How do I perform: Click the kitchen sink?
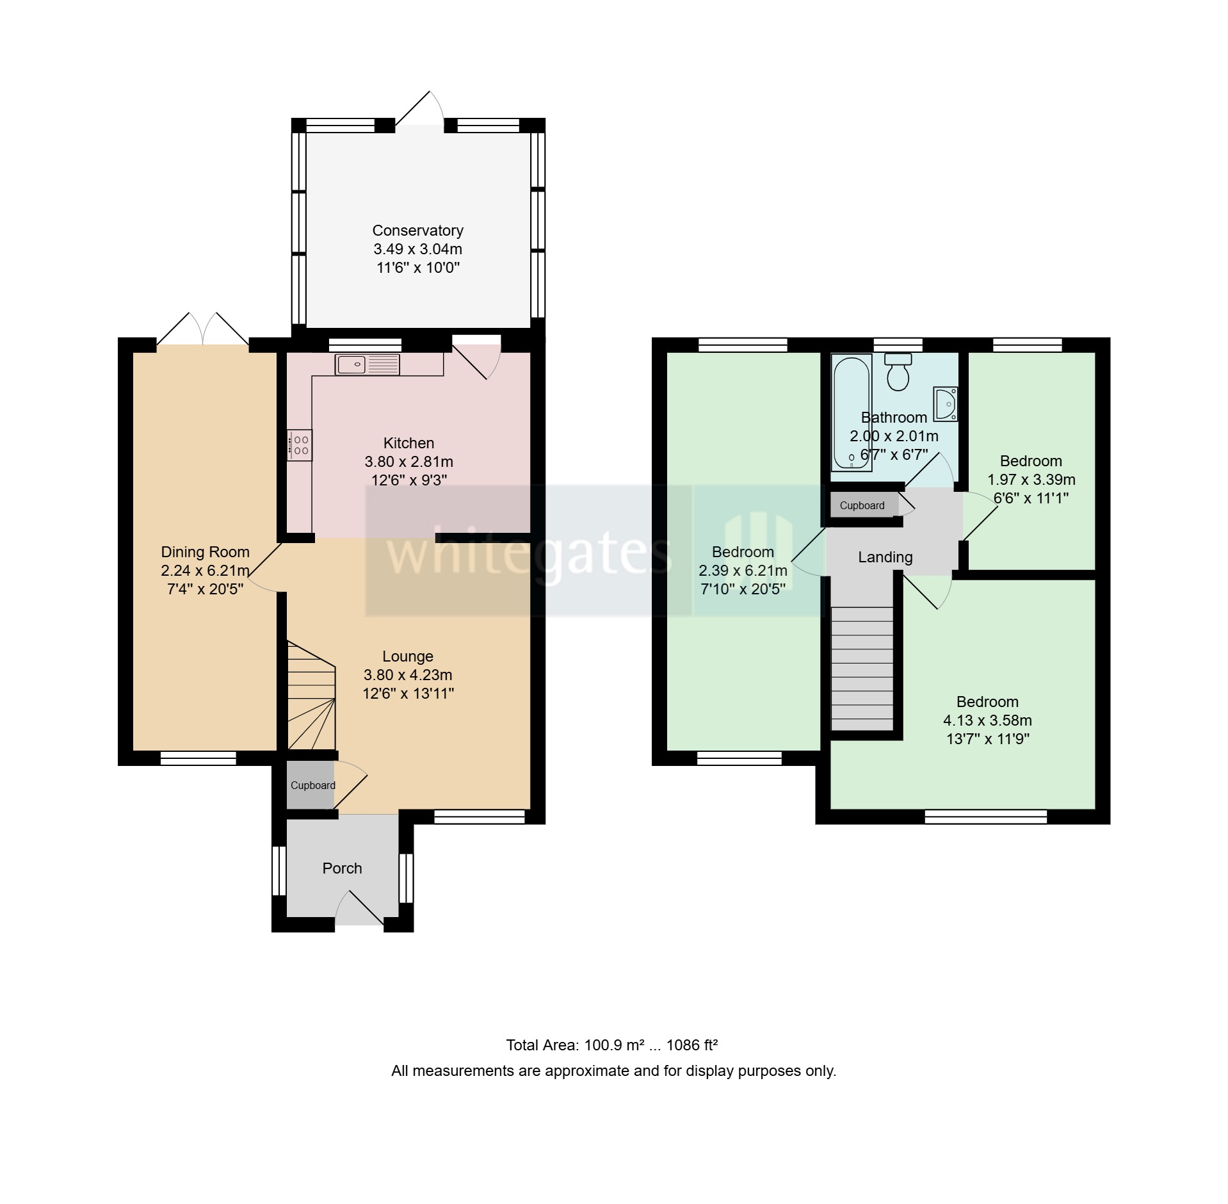pos(367,364)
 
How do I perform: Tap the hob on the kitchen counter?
pos(300,445)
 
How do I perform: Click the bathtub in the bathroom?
pos(850,413)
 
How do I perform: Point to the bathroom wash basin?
pos(945,403)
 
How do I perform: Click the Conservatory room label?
pos(417,231)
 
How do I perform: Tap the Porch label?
pos(342,868)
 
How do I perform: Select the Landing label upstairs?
pos(885,557)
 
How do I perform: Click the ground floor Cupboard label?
pos(312,786)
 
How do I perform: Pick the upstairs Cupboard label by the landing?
pos(862,505)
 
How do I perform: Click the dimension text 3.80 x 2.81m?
pos(408,461)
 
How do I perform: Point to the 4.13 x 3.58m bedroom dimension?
pos(987,720)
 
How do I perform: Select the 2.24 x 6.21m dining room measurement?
pos(205,571)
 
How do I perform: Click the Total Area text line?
pos(611,1045)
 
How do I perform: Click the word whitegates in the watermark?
pos(529,552)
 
